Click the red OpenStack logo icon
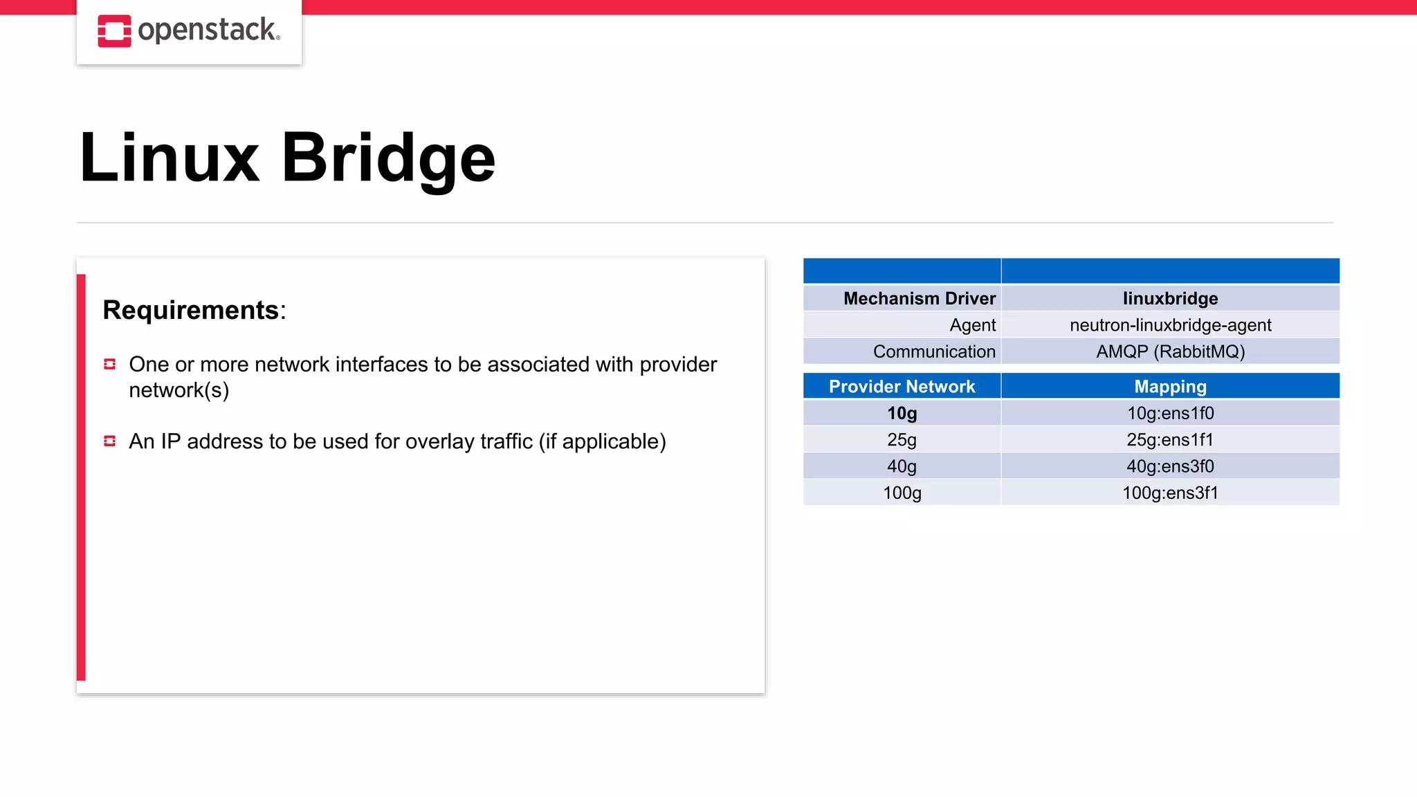click(x=114, y=31)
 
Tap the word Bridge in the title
click(x=388, y=158)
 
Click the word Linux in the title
click(x=170, y=158)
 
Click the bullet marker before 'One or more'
click(x=109, y=364)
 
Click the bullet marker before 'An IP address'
click(x=109, y=441)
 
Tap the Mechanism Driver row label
click(x=919, y=298)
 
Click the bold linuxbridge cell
click(x=1170, y=298)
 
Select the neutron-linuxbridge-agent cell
click(x=1170, y=325)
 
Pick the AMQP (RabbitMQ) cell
click(x=1170, y=351)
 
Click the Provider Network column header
click(x=902, y=386)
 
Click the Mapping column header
click(x=1170, y=386)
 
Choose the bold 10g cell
click(x=902, y=413)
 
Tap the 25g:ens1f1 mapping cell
click(x=1170, y=440)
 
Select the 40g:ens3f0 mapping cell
click(x=1170, y=466)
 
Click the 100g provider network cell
click(x=902, y=493)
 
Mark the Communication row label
click(x=933, y=351)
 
